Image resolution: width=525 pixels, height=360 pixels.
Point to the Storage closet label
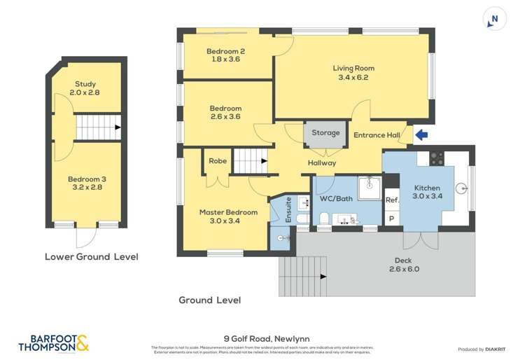tap(325, 132)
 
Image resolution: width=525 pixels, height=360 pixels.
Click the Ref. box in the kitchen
tap(392, 200)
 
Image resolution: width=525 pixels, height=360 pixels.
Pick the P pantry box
tap(391, 218)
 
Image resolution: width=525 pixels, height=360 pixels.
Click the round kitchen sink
tap(461, 188)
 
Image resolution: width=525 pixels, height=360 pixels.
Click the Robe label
tap(218, 161)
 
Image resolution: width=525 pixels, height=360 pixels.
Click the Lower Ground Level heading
tap(91, 257)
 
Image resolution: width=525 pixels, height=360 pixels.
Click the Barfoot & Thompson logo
tap(53, 342)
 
